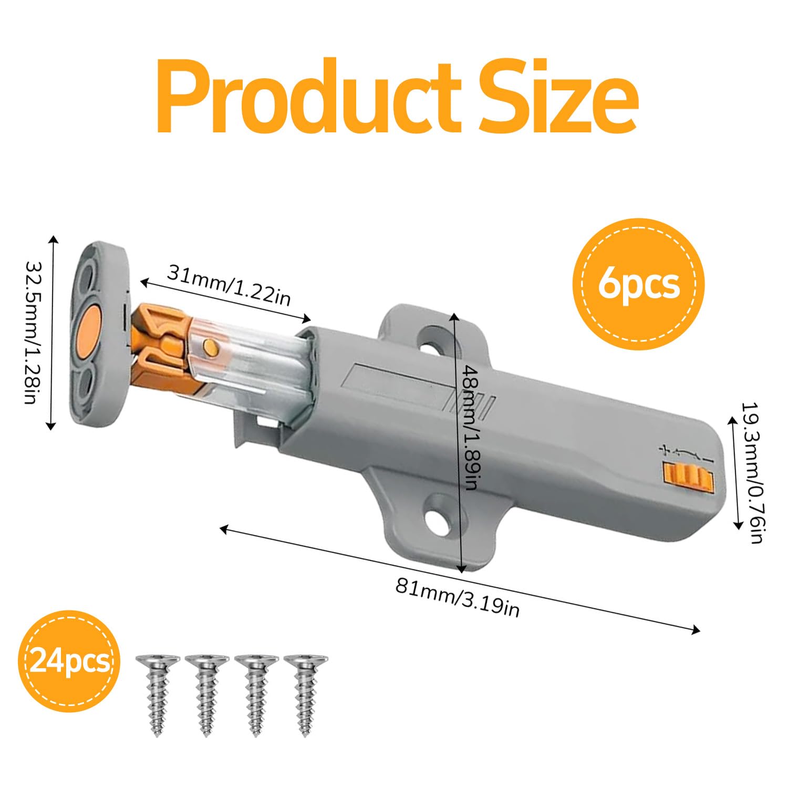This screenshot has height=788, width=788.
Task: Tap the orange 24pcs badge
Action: (70, 660)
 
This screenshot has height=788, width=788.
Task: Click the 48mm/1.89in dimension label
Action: (470, 427)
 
